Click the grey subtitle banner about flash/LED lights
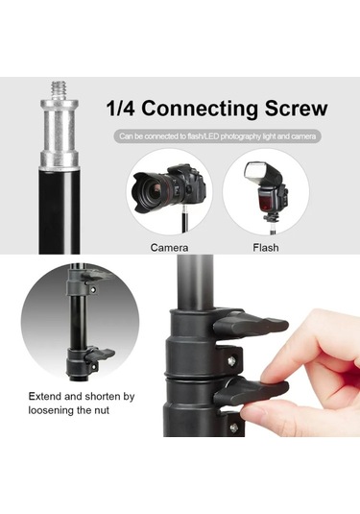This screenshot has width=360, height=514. [219, 136]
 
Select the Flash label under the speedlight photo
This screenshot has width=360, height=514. [266, 247]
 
